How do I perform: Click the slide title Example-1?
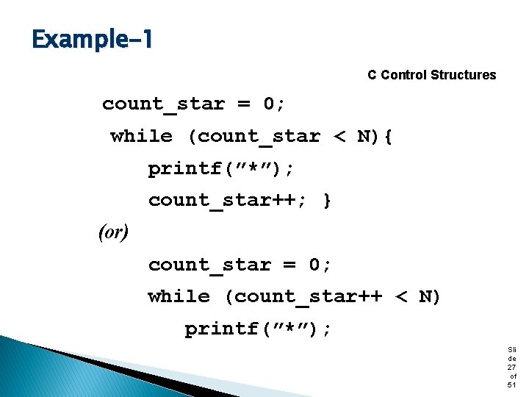(93, 38)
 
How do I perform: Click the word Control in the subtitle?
(403, 75)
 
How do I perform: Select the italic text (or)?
(113, 232)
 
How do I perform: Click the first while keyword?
(141, 137)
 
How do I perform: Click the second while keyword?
(179, 296)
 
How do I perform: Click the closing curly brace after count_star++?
(328, 201)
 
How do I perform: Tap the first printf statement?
(221, 169)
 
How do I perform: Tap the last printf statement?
(258, 329)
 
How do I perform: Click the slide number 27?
(511, 367)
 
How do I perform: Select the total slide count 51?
(511, 385)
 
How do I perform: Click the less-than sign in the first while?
(339, 137)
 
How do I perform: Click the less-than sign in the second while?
(400, 297)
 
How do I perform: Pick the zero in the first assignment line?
(270, 104)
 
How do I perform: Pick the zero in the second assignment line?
(316, 265)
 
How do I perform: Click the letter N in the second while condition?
(425, 296)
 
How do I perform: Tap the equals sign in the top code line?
(244, 104)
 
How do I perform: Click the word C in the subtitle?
(373, 75)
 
